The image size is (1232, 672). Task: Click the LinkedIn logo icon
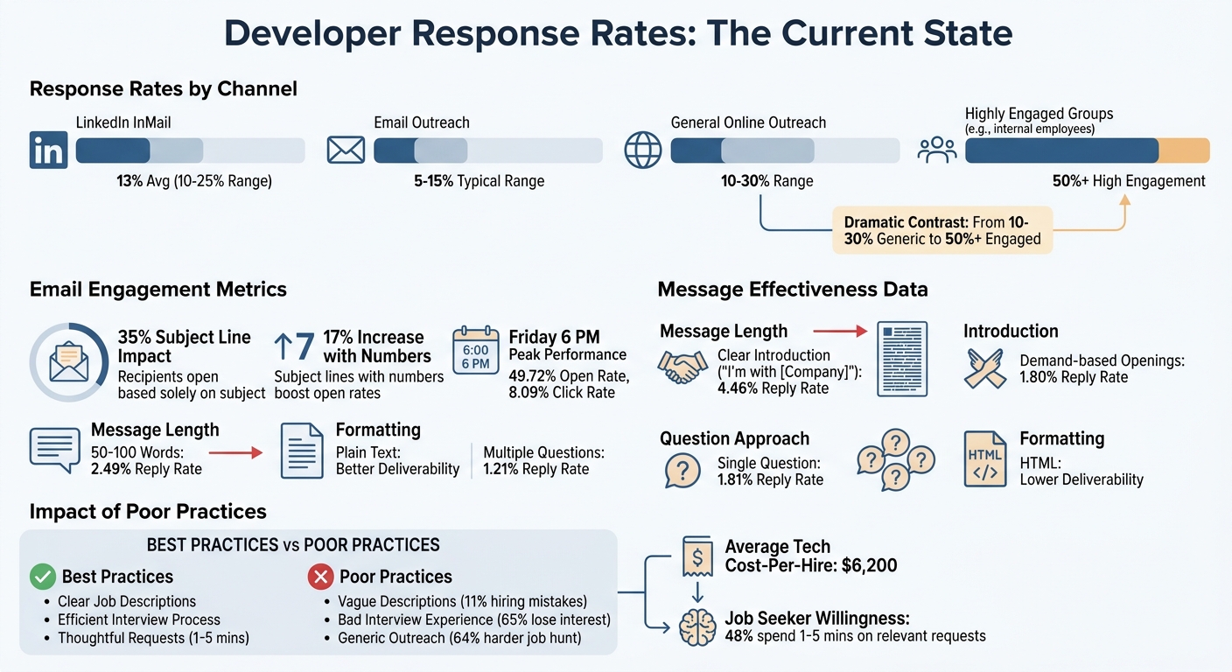(x=47, y=150)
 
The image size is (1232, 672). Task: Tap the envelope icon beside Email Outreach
(x=346, y=150)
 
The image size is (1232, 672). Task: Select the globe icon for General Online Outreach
(x=643, y=150)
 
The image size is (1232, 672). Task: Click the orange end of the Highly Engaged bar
(x=1184, y=150)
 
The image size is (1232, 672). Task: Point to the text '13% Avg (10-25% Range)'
(x=194, y=182)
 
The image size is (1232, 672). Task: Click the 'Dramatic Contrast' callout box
(x=941, y=230)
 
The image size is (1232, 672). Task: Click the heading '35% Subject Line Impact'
(x=184, y=346)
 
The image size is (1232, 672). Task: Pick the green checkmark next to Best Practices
(x=42, y=577)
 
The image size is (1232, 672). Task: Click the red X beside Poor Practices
(x=320, y=577)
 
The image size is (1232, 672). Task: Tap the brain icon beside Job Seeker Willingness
(x=696, y=626)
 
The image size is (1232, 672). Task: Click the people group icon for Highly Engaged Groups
(x=936, y=150)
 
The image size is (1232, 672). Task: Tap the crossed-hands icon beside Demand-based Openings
(x=984, y=367)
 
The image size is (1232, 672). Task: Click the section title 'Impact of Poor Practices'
(x=148, y=511)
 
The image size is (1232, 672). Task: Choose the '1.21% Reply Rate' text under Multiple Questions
(x=535, y=469)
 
